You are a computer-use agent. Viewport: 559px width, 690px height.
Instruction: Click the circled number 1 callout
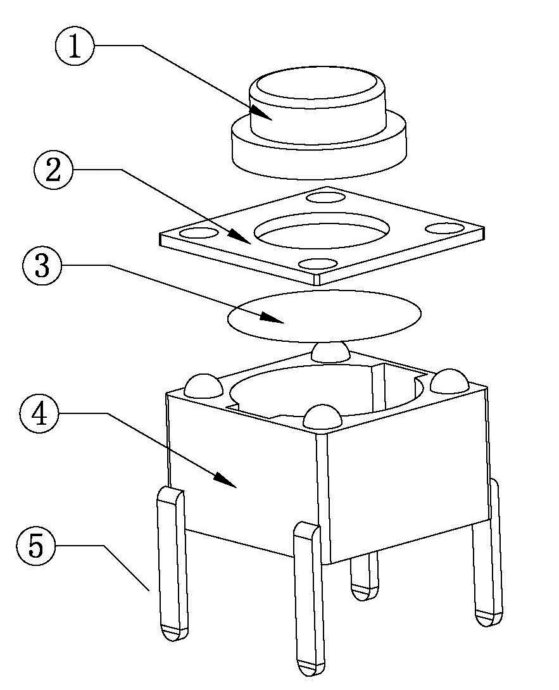(75, 47)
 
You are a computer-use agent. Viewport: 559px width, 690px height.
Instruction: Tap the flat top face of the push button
(313, 85)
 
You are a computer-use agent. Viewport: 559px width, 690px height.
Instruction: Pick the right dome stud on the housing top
(449, 379)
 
